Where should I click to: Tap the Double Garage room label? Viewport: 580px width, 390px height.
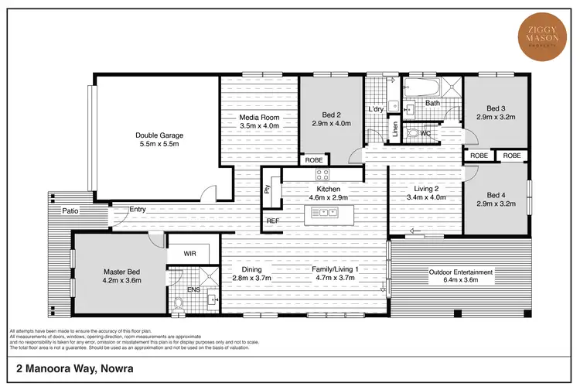pyautogui.click(x=159, y=133)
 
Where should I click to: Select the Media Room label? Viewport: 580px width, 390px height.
pyautogui.click(x=258, y=118)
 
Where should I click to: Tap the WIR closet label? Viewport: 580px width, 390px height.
pyautogui.click(x=191, y=253)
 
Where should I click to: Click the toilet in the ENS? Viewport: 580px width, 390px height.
pyautogui.click(x=179, y=303)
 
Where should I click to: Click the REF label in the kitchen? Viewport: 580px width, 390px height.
pyautogui.click(x=272, y=221)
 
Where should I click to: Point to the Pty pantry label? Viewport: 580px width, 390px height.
pyautogui.click(x=268, y=189)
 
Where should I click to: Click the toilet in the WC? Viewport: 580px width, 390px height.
pyautogui.click(x=411, y=132)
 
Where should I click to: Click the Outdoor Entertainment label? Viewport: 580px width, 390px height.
pyautogui.click(x=461, y=272)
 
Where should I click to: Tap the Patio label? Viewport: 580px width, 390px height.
pyautogui.click(x=72, y=210)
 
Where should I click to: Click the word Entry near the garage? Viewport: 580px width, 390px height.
pyautogui.click(x=138, y=209)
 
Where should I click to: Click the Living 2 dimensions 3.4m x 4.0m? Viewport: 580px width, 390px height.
pyautogui.click(x=425, y=197)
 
